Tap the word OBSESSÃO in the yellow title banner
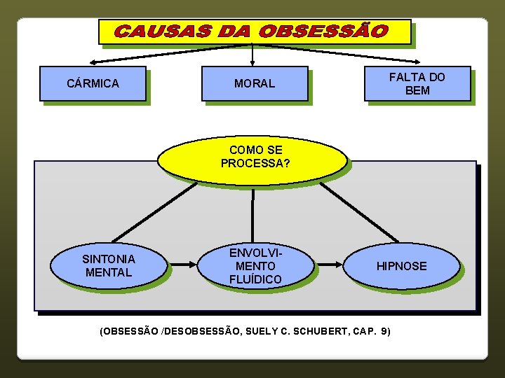pos(323,32)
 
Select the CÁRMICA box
pos(93,83)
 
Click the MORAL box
pos(255,83)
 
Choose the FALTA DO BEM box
pos(417,83)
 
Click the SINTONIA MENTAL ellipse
pos(108,265)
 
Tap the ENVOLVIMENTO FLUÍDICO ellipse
pos(255,265)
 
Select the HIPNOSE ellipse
pos(402,266)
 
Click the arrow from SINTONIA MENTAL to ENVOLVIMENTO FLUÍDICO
pos(184,265)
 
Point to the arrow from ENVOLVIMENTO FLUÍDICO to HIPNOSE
pos(330,265)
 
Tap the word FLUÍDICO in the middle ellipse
pos(255,279)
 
